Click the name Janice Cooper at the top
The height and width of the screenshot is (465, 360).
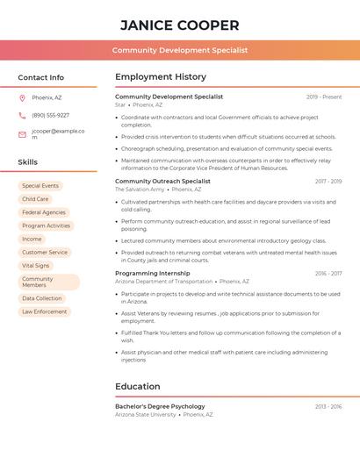point(179,25)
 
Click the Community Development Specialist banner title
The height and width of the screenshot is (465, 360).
point(179,50)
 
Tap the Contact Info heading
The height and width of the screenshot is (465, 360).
point(40,77)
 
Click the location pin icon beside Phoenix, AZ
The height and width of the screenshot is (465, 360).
point(22,97)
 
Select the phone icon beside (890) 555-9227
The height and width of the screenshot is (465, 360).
point(22,115)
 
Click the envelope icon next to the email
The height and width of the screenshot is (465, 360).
point(22,134)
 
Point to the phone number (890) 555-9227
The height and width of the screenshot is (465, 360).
point(50,115)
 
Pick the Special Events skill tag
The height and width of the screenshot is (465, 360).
point(40,186)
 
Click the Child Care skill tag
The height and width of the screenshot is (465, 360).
point(35,199)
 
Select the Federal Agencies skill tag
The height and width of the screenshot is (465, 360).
point(44,212)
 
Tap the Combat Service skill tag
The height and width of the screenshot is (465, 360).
point(45,252)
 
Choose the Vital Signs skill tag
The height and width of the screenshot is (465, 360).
point(36,265)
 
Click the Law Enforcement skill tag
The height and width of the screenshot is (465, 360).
point(45,311)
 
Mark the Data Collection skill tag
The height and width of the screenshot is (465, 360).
point(42,298)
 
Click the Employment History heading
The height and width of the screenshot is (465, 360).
point(161,77)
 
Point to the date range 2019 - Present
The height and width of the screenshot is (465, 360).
point(324,97)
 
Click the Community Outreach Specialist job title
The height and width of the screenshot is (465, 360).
point(162,181)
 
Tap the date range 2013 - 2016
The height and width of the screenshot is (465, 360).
point(328,406)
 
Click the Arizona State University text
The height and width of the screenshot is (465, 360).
point(145,414)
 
